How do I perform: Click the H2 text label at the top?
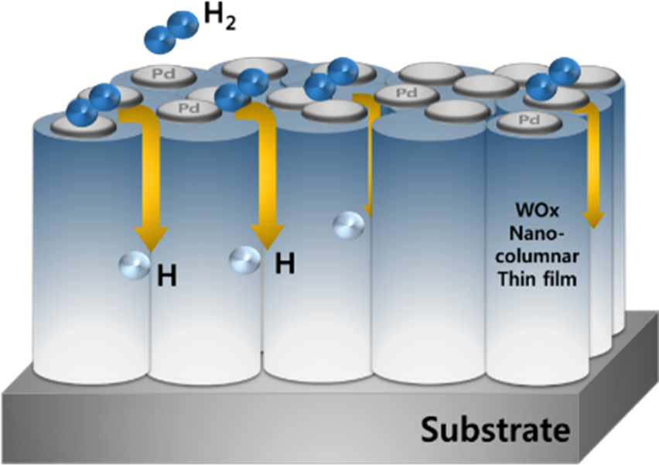click(219, 16)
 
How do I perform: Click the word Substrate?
click(495, 428)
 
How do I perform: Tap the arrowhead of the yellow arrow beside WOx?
click(594, 217)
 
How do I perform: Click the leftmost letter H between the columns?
click(166, 275)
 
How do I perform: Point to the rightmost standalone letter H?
click(285, 265)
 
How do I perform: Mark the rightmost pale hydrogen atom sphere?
click(349, 225)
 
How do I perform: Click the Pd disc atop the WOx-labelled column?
click(528, 120)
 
